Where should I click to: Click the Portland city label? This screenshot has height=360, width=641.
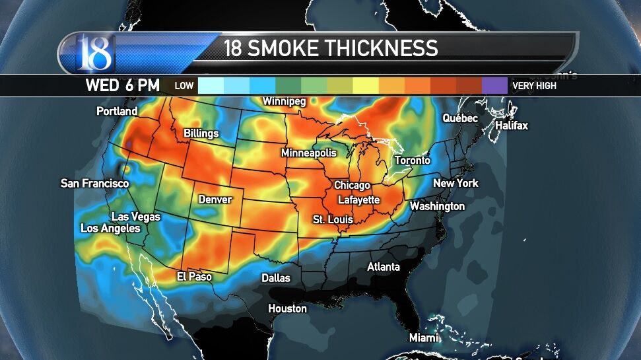tap(117, 111)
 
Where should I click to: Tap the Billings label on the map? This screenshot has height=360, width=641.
tap(201, 133)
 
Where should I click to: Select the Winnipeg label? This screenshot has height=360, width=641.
tap(284, 102)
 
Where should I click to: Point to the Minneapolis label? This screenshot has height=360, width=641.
tap(308, 153)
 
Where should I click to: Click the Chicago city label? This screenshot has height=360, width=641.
tap(352, 186)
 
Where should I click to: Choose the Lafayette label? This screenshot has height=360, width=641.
tap(358, 199)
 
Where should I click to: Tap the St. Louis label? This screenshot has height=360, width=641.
tap(333, 219)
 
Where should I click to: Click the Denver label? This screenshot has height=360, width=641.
tap(215, 199)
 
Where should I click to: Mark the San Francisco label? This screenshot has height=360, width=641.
tap(94, 183)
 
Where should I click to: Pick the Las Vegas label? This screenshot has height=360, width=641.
tap(137, 217)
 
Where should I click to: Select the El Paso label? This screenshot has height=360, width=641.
tap(194, 277)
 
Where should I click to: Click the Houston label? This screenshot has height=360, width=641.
tap(287, 308)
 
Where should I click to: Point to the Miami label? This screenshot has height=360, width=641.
tap(423, 338)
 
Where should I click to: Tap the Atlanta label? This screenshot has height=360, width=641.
tap(384, 267)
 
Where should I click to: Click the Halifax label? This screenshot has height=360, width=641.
tap(512, 125)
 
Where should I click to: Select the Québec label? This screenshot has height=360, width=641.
tap(460, 118)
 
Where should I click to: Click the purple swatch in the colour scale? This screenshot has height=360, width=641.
tap(494, 85)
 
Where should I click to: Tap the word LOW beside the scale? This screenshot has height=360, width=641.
tap(184, 86)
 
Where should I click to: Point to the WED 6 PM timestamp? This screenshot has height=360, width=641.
tap(122, 85)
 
